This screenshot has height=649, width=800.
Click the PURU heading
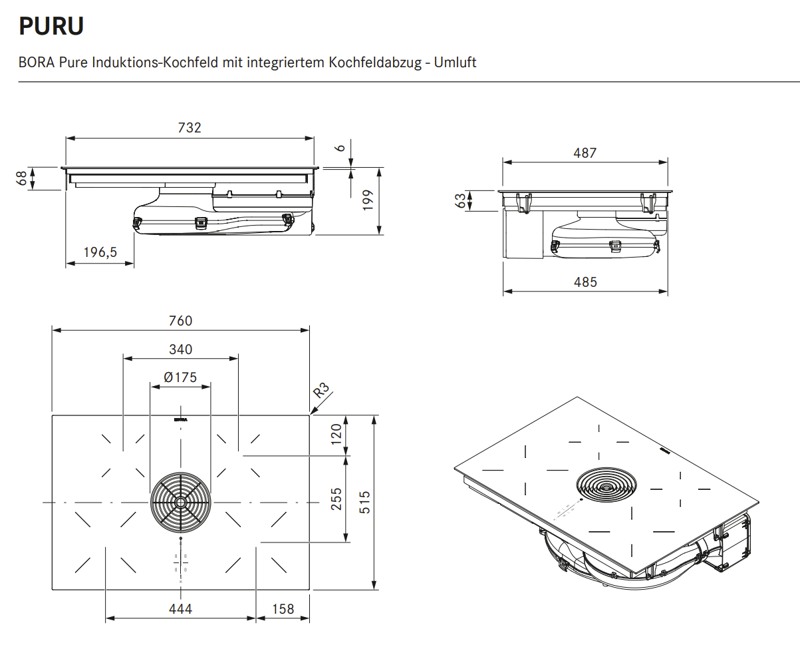[x=51, y=26]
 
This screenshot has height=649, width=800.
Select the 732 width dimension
[x=190, y=128]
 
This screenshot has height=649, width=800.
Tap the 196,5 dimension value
[x=100, y=252]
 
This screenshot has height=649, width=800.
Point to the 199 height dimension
[x=368, y=200]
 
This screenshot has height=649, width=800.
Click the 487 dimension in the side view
[x=585, y=152]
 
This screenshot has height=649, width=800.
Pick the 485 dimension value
[x=585, y=282]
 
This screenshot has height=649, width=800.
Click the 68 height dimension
[x=22, y=178]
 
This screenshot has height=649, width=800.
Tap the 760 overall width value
[x=180, y=321]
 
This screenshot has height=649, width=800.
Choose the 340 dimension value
[x=180, y=349]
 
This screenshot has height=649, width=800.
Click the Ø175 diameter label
[x=180, y=377]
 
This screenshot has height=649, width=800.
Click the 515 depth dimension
[x=364, y=503]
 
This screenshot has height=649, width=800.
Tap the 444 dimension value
[x=180, y=609]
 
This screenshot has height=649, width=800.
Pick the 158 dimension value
[x=283, y=609]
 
